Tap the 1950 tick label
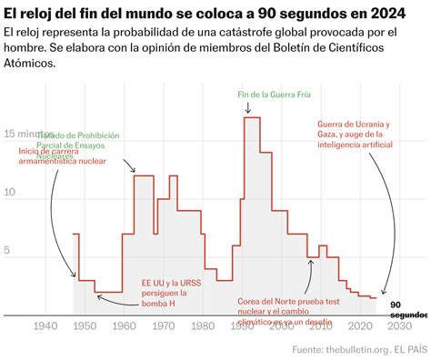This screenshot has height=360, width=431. coord(85,326)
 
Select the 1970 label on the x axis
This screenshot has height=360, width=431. coord(164,326)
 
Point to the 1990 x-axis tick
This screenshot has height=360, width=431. coord(243,326)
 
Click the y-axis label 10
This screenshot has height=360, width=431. coord(11,193)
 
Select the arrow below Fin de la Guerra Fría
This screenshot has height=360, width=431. coord(248,108)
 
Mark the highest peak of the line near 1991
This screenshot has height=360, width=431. coord(252,118)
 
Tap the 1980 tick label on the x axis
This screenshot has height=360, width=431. coord(203,326)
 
